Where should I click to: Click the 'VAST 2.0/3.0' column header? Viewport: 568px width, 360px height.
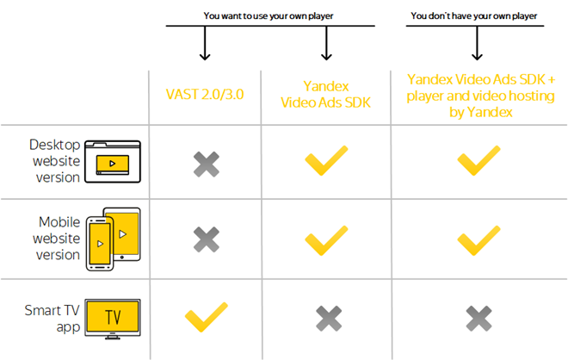coord(205,94)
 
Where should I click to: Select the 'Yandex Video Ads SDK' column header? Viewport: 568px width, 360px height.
coord(325,94)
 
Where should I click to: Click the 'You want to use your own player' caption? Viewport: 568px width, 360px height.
coord(268,16)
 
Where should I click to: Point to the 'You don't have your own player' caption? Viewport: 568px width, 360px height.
coord(474,16)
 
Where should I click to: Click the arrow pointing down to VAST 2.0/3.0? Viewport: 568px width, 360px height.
coord(205,43)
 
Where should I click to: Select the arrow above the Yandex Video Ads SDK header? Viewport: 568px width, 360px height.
coord(326,43)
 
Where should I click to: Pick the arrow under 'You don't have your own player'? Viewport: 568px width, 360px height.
coord(477,43)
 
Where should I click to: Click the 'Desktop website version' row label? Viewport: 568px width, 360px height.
coord(55,161)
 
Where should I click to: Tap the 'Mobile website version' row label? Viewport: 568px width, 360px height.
coord(56,239)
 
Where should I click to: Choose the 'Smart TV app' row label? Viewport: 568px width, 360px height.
coord(52,319)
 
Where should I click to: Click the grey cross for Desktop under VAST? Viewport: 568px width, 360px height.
coord(207,164)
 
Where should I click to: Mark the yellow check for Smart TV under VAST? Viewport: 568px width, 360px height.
coord(207,317)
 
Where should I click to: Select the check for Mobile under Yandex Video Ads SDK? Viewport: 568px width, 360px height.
coord(326,240)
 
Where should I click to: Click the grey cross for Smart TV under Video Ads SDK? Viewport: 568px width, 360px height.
coord(329,319)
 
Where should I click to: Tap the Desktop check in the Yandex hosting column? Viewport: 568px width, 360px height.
coord(478,160)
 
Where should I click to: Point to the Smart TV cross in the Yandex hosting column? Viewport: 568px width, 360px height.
coord(478,319)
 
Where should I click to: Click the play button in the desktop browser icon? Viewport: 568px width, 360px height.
coord(112,164)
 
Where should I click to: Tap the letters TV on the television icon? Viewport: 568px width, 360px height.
coord(113,317)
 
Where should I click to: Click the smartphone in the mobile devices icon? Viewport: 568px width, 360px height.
coord(100,243)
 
